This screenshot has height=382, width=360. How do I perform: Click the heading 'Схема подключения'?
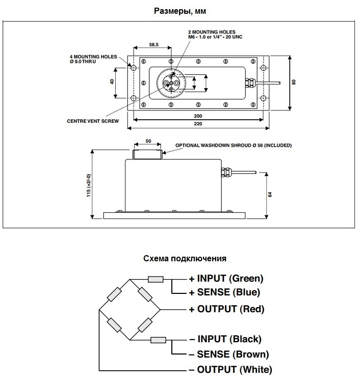pyautogui.click(x=185, y=258)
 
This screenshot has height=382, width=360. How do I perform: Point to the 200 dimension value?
pyautogui.click(x=198, y=116)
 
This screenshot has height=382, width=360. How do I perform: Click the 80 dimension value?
pyautogui.click(x=294, y=82)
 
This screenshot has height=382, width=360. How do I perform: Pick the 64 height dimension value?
pyautogui.click(x=271, y=195)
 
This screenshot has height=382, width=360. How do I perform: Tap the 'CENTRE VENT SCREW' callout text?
pyautogui.click(x=93, y=121)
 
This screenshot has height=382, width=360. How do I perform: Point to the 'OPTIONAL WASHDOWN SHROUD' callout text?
pyautogui.click(x=234, y=146)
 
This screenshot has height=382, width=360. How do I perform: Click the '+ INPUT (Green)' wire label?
pyautogui.click(x=226, y=279)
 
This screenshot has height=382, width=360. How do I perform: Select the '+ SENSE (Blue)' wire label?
pyautogui.click(x=224, y=292)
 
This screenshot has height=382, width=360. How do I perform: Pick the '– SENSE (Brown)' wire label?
pyautogui.click(x=229, y=354)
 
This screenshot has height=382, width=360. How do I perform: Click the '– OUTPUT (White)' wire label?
pyautogui.click(x=230, y=369)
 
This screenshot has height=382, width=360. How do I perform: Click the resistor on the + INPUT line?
pyautogui.click(x=155, y=279)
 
